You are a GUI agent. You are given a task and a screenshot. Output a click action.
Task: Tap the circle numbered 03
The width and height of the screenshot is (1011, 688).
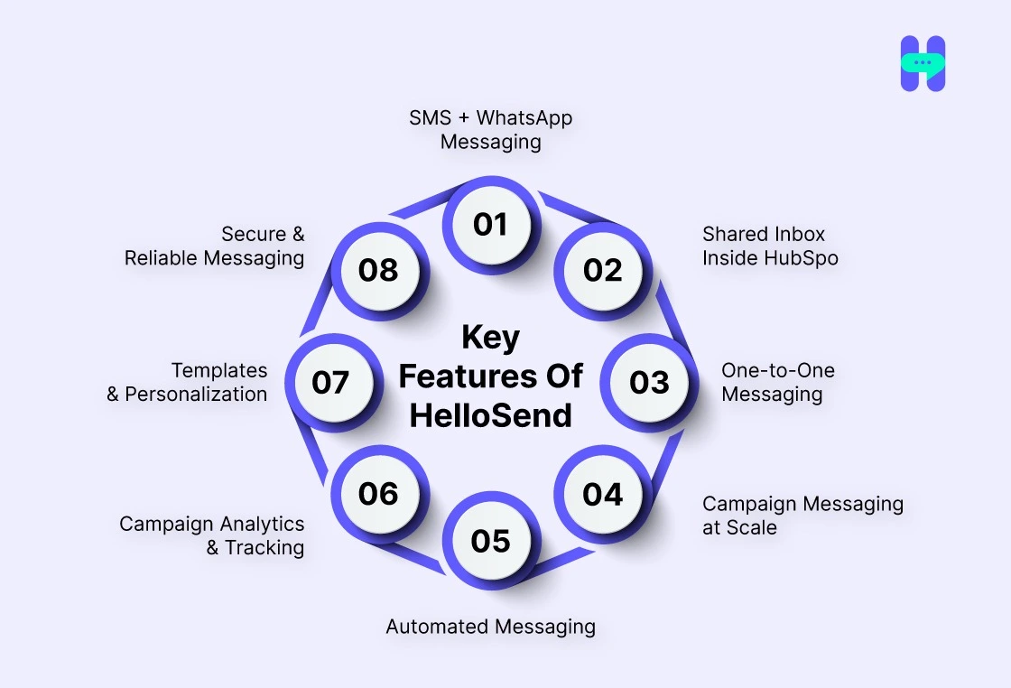(x=649, y=382)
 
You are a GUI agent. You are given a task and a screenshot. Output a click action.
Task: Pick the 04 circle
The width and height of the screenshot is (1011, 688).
(x=602, y=494)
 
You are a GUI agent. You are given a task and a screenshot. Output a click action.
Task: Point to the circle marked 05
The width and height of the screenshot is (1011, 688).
(x=490, y=540)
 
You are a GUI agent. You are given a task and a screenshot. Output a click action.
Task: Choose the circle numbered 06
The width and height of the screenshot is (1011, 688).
(x=378, y=494)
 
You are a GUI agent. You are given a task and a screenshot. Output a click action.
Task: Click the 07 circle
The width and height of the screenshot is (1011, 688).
(x=330, y=382)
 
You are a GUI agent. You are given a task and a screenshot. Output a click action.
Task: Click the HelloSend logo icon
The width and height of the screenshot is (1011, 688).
(x=923, y=64)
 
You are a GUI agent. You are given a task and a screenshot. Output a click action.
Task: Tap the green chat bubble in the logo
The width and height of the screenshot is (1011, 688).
(x=923, y=63)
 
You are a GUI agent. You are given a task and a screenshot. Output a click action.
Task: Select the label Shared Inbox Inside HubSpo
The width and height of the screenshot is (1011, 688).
(x=770, y=246)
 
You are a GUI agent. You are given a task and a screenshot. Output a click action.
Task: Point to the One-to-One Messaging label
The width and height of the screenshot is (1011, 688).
(x=777, y=382)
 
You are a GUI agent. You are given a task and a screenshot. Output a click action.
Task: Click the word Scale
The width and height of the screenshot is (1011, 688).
(x=752, y=528)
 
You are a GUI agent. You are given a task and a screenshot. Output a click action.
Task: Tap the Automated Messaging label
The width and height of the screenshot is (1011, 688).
(x=490, y=627)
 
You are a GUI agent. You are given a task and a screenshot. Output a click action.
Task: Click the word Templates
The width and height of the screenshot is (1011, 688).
(x=219, y=370)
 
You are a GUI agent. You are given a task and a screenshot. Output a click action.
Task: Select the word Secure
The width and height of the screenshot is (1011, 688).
(x=254, y=235)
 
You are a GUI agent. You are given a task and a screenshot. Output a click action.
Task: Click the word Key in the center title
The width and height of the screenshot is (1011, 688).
(x=490, y=338)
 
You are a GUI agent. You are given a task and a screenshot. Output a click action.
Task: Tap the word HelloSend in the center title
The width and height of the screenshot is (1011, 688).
(x=490, y=416)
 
